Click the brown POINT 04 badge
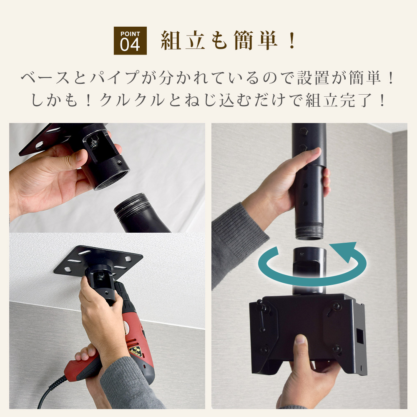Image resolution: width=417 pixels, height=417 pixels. point(130,41)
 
